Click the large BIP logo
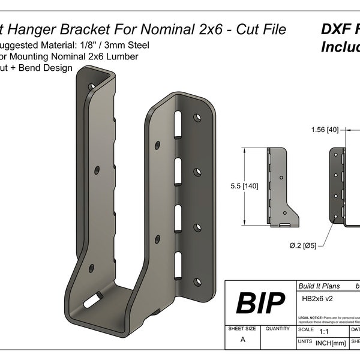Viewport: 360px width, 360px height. (x=260, y=304)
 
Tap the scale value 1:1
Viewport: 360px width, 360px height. (x=325, y=331)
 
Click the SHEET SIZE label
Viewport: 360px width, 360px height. (x=242, y=329)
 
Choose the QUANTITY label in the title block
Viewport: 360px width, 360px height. (x=277, y=329)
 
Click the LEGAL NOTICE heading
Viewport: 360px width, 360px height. (x=310, y=317)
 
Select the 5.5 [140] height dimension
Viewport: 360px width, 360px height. (x=244, y=186)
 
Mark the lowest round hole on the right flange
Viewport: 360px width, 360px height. (x=197, y=281)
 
